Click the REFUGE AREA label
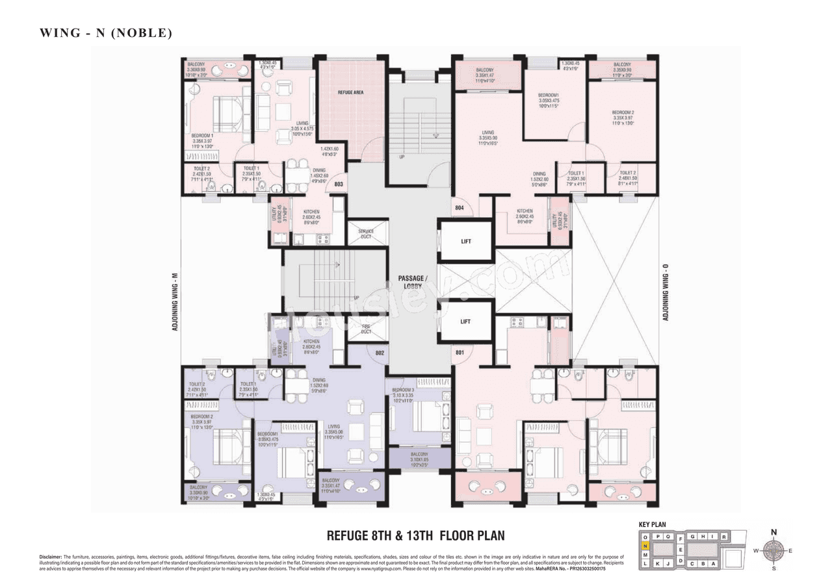[x=350, y=93]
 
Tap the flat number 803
[x=339, y=185]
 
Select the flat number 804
[x=460, y=208]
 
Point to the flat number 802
[x=380, y=353]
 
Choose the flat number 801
[x=460, y=353]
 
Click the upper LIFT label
[x=465, y=242]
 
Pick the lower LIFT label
[x=465, y=322]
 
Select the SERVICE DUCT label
[x=366, y=234]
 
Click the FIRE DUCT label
[x=366, y=329]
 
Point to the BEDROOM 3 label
[x=403, y=390]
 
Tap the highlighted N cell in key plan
[x=645, y=546]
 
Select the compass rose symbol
[x=773, y=551]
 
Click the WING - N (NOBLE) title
[x=105, y=33]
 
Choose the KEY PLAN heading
[x=653, y=524]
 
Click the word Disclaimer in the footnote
[x=50, y=557]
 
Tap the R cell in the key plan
[x=723, y=537]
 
